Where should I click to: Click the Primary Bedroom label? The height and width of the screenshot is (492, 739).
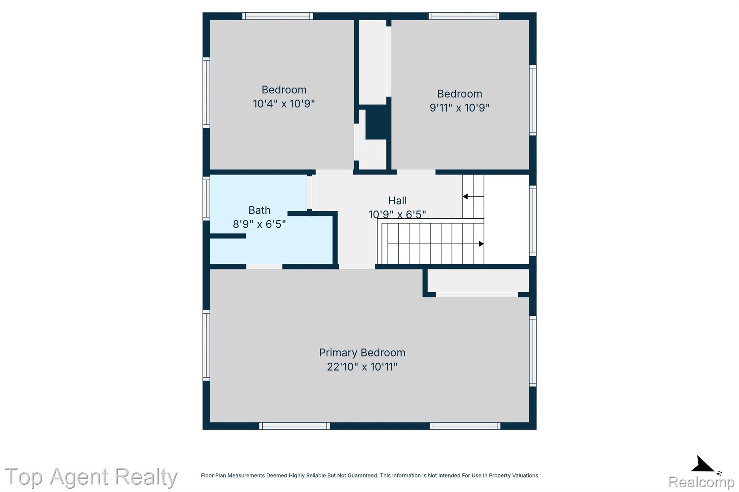coord(362,353)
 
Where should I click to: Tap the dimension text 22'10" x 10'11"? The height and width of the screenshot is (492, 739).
coord(362,367)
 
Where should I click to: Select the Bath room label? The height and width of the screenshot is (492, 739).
coord(259,210)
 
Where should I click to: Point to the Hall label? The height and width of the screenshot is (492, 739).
coord(397,200)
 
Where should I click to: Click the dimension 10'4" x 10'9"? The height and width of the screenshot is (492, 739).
coord(284,104)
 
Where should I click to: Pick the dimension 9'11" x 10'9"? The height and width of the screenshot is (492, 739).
coord(459,108)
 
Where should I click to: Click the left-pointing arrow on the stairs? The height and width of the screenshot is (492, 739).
coord(473,196)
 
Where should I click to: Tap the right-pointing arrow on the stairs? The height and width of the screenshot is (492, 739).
coord(436,244)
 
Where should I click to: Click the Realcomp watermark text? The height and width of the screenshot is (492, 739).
coord(701,482)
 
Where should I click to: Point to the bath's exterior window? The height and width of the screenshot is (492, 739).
coord(206,198)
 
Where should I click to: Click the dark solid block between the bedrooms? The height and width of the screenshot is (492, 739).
coord(376,122)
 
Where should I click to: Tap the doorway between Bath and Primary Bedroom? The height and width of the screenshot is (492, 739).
coord(264,267)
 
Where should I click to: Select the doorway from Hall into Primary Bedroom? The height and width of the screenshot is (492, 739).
coord(357,267)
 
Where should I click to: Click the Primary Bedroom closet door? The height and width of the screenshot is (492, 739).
coord(477,295)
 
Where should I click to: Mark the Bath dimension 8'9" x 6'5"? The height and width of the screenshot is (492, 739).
coord(259,225)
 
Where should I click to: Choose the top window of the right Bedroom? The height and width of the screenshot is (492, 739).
coord(464,16)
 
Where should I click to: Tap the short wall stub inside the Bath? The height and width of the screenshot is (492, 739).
coord(228,236)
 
